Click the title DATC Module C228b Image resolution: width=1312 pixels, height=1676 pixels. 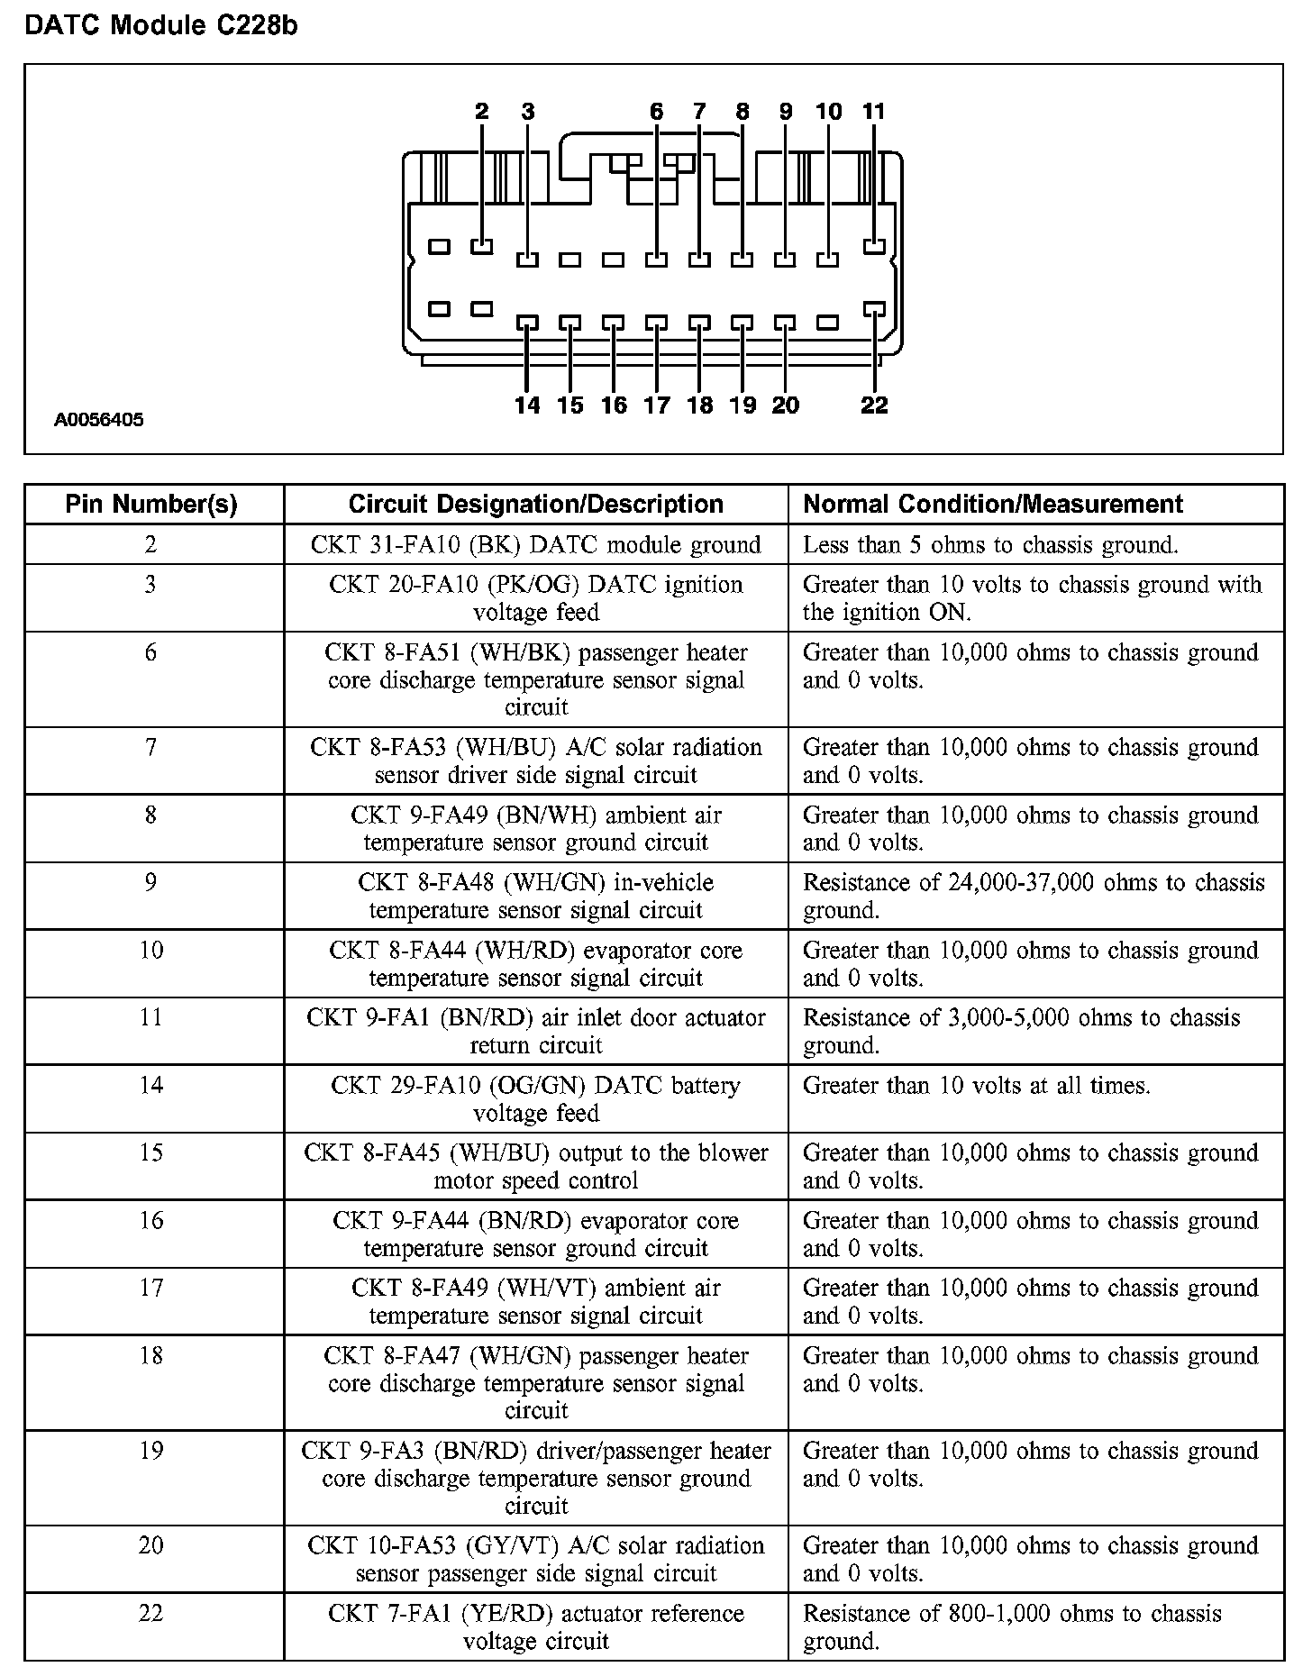point(160,26)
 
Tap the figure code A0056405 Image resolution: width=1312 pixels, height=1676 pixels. point(98,420)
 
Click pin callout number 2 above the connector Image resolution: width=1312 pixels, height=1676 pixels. point(482,112)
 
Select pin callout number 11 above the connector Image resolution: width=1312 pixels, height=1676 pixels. point(873,112)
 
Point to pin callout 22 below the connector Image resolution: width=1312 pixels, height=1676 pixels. point(874,405)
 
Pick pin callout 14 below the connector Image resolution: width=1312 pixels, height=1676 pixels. point(527,405)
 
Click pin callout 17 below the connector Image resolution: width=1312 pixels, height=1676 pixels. point(657,405)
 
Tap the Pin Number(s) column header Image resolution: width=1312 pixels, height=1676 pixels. point(151,505)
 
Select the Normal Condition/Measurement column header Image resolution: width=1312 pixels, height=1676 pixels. point(992,505)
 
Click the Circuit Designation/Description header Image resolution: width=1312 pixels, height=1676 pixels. point(535,505)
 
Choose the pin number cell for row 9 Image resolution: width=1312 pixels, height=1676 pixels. point(151,883)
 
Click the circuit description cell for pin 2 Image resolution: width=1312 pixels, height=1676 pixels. point(535,545)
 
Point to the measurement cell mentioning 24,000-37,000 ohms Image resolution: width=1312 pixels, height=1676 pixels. point(1034,897)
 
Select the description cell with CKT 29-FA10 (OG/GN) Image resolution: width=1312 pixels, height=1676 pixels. point(535,1099)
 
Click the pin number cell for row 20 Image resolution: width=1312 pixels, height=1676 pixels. point(151,1546)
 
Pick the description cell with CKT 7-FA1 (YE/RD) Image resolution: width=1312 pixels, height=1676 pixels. point(535,1627)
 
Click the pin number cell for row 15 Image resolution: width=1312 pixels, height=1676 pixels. point(151,1153)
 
